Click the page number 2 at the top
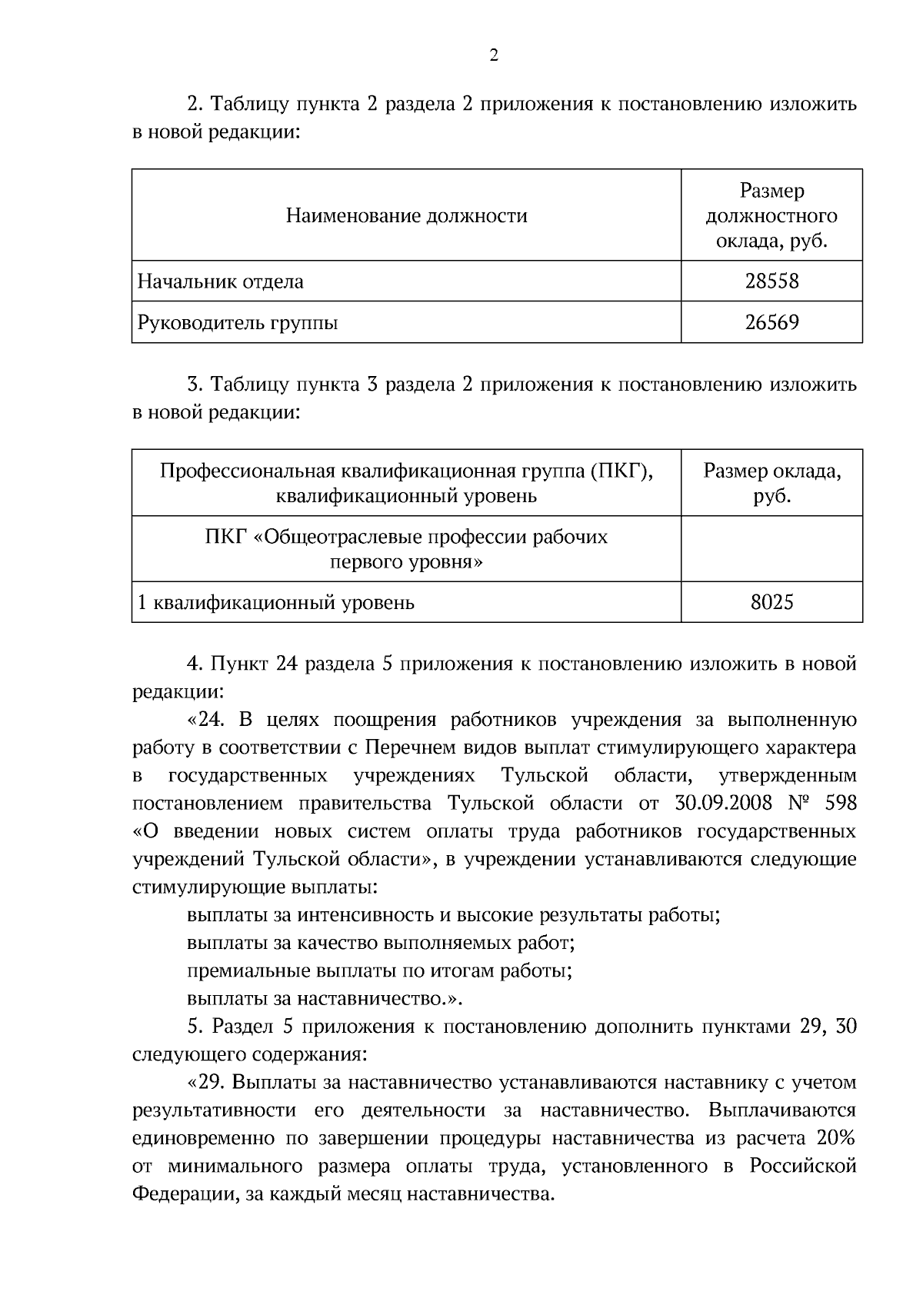click(494, 55)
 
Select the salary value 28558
click(771, 281)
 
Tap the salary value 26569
click(771, 322)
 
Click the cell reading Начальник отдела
click(220, 281)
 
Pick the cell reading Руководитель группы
click(238, 322)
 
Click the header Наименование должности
click(406, 215)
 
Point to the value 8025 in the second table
click(771, 602)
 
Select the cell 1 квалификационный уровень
click(275, 602)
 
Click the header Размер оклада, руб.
click(771, 483)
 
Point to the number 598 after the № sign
click(840, 804)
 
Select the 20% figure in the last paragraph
click(837, 1138)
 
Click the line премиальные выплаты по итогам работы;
click(379, 970)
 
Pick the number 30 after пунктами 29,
click(845, 1027)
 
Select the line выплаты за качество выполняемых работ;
click(381, 943)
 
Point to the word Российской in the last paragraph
click(803, 1167)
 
